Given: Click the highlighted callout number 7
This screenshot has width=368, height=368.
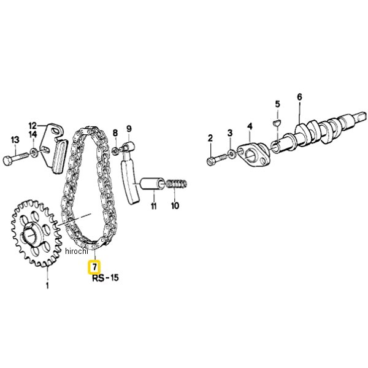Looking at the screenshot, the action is click(x=94, y=267).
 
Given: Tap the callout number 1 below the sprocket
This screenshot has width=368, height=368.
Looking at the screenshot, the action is click(x=47, y=285).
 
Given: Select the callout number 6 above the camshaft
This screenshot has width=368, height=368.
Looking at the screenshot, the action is click(x=299, y=97).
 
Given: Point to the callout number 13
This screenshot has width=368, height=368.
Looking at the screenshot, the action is click(x=15, y=140).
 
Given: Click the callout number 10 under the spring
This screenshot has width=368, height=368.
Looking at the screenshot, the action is click(x=175, y=206).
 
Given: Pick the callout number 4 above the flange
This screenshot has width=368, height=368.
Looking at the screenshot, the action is click(x=250, y=127).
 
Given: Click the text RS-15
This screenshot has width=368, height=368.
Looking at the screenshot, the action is click(x=105, y=278).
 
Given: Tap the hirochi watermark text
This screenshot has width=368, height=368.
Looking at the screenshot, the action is click(x=77, y=251).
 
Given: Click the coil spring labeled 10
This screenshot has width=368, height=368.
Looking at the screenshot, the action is click(x=177, y=183).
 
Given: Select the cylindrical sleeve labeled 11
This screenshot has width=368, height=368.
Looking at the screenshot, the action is click(x=152, y=183).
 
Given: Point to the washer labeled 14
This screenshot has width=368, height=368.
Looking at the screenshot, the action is click(x=34, y=153).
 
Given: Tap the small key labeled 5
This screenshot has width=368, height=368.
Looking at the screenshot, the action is click(x=277, y=123).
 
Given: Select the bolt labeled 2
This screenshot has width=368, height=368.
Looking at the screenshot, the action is click(x=217, y=158).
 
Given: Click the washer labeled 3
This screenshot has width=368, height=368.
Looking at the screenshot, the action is click(x=232, y=154).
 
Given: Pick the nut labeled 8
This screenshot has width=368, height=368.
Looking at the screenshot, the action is click(x=115, y=151).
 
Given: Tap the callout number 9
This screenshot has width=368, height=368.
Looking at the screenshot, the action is click(x=129, y=129).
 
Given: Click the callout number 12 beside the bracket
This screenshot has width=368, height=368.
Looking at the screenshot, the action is click(x=33, y=126).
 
